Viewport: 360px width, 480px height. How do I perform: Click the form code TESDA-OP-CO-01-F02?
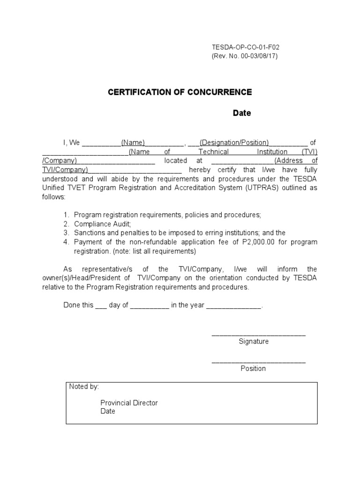pyautogui.click(x=246, y=47)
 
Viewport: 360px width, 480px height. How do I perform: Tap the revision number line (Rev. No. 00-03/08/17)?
pyautogui.click(x=245, y=56)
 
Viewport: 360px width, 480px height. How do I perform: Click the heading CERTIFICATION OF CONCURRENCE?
pyautogui.click(x=180, y=92)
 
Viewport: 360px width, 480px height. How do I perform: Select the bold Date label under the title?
pyautogui.click(x=242, y=113)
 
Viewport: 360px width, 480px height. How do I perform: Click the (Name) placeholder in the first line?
pyautogui.click(x=133, y=142)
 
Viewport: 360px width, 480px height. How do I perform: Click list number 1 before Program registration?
pyautogui.click(x=66, y=215)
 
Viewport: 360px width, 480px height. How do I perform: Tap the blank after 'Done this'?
pyautogui.click(x=101, y=306)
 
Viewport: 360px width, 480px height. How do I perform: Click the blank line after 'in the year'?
pyautogui.click(x=233, y=306)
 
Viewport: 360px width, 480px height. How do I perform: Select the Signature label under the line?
pyautogui.click(x=254, y=341)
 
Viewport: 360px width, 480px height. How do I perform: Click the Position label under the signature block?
pyautogui.click(x=253, y=368)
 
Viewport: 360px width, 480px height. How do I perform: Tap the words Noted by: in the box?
pyautogui.click(x=84, y=387)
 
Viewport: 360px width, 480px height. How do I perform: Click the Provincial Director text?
pyautogui.click(x=129, y=403)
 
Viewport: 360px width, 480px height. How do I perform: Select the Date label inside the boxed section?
pyautogui.click(x=108, y=411)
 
